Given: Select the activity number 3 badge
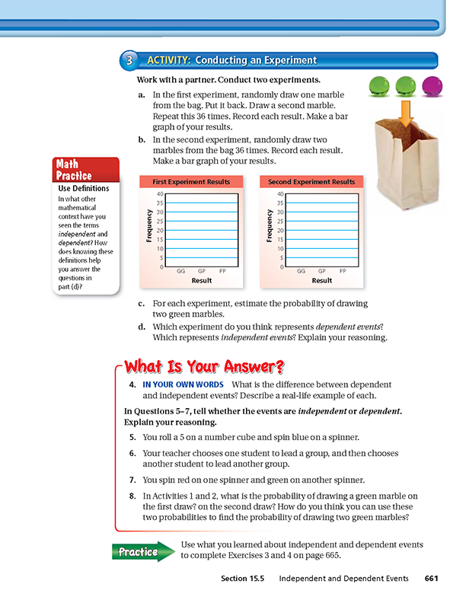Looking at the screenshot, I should (130, 61).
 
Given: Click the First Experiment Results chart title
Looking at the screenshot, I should (190, 182).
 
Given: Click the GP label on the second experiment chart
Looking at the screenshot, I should (322, 270).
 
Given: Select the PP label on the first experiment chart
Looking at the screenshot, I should (222, 270).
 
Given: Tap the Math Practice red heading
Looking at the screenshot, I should (75, 170).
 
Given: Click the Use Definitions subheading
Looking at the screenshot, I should (84, 188).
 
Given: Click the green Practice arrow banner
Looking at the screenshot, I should (143, 551).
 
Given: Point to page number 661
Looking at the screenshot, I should (432, 579).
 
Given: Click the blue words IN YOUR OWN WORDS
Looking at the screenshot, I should (183, 384).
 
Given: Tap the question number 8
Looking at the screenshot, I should (132, 496).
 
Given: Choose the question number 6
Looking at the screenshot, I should (132, 453).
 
